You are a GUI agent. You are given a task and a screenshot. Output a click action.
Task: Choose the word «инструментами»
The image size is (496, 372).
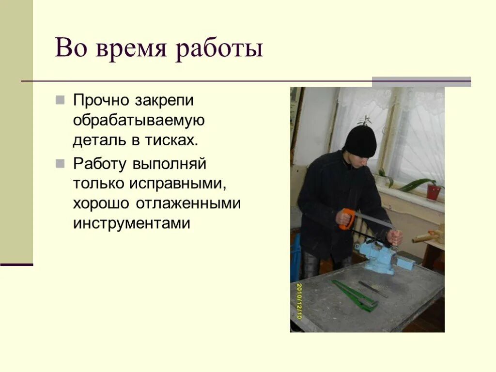tap(131, 223)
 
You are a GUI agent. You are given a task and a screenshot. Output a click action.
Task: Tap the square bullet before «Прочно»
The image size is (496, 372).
tap(60, 100)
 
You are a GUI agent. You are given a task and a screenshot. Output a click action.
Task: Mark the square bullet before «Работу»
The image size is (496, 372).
tap(60, 164)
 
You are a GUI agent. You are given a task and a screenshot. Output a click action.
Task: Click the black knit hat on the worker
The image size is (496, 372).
tap(360, 141)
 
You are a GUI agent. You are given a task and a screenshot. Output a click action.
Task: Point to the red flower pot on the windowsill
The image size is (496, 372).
tap(434, 192)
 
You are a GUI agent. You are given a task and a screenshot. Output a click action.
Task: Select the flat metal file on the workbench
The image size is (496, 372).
tap(373, 289)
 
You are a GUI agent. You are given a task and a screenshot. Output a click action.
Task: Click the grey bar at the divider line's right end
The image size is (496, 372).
tap(421, 81)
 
